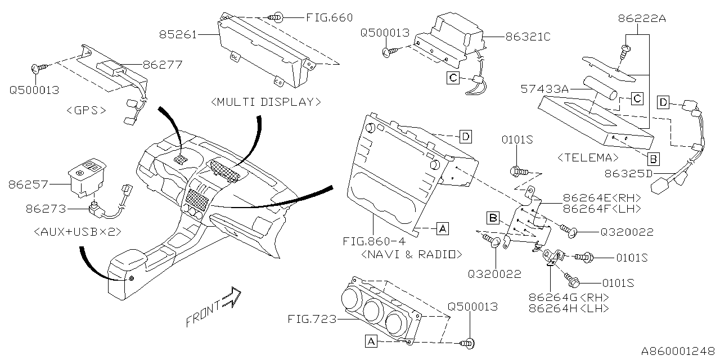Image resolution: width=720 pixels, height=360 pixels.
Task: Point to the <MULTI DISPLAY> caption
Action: [x=266, y=102]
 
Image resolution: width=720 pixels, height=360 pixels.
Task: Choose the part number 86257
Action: [x=28, y=184]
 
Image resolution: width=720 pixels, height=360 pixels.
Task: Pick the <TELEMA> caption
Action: [x=588, y=157]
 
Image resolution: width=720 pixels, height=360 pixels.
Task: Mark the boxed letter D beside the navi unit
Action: [x=465, y=136]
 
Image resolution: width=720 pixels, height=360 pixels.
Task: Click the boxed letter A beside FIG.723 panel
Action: [x=371, y=340]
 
